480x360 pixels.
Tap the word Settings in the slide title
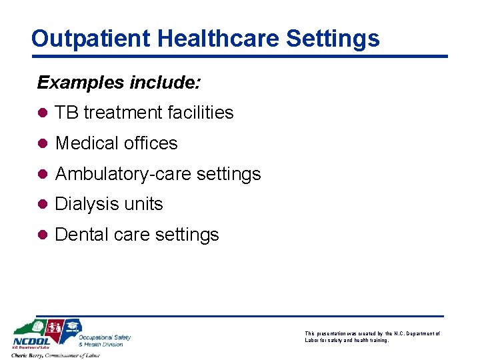click(333, 38)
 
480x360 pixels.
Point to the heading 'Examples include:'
click(119, 82)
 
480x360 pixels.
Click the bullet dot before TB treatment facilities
click(43, 113)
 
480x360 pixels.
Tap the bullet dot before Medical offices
click(43, 143)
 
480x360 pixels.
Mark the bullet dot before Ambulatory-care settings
click(43, 174)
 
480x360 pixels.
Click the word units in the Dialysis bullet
click(143, 204)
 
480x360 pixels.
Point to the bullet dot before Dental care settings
click(43, 235)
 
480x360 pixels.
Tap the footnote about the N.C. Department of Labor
click(372, 337)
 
